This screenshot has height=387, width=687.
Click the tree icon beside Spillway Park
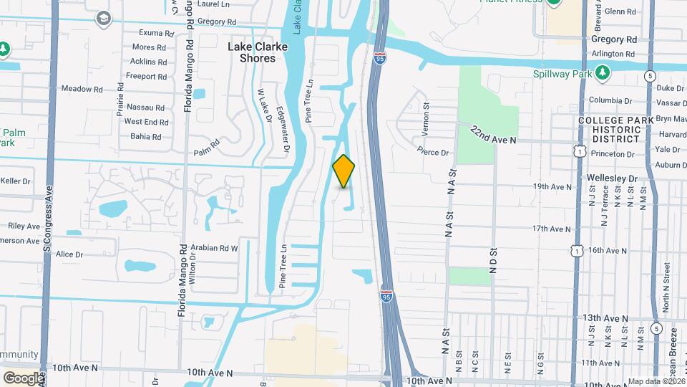click(x=603, y=73)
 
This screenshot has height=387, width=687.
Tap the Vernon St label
click(x=425, y=115)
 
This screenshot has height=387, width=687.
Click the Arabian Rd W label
click(x=215, y=249)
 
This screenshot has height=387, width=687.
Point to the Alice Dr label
click(x=69, y=254)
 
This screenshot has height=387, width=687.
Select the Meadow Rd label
click(x=77, y=89)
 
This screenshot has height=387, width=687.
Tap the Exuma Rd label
click(x=157, y=33)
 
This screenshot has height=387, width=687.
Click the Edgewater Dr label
click(x=284, y=137)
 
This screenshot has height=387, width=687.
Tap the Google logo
click(x=23, y=378)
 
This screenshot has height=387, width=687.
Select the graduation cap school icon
click(x=104, y=18)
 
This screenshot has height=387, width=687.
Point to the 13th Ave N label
click(x=605, y=318)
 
